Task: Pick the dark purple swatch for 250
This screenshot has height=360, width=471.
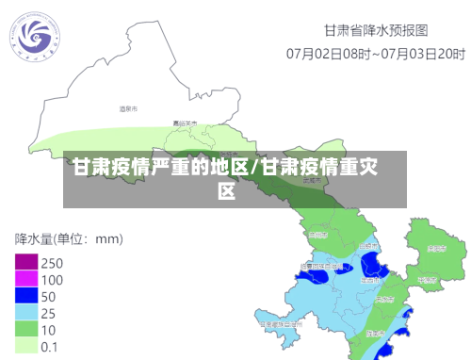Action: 25,262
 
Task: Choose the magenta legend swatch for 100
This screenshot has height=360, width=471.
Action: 25,279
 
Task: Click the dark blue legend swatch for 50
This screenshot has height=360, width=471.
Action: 25,296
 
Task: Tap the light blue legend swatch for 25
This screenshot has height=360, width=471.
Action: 25,313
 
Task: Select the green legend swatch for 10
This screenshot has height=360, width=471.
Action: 25,330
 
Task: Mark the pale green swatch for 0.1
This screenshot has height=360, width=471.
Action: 25,346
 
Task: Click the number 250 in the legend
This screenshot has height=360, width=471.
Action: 53,263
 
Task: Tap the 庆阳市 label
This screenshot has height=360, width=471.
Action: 435,250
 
